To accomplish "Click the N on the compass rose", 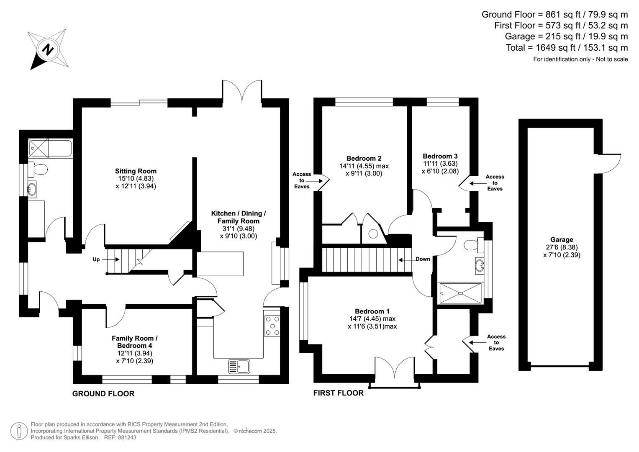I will coord(48,49).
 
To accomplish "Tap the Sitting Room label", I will coord(136,171).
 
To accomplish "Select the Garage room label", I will coord(561,240).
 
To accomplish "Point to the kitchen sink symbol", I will coord(239,367).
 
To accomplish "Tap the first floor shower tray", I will coord(460,293).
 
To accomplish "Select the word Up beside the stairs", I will coord(96,259).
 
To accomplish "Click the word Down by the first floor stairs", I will coord(423,259).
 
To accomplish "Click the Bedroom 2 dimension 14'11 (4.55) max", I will coord(364,166).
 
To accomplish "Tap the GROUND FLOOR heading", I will coord(103,394).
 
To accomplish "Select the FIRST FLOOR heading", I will coord(338,393).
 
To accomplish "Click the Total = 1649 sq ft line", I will coord(567,48).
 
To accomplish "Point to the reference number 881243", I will coord(128,438).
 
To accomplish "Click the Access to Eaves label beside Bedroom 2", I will coord(302,180).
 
